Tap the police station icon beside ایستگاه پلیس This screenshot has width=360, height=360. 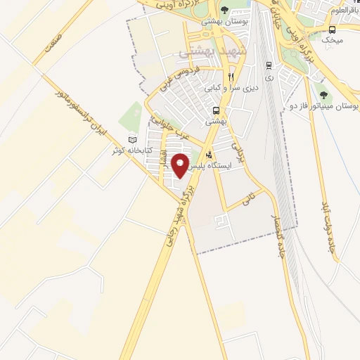208,154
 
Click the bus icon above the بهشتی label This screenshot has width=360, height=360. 217,110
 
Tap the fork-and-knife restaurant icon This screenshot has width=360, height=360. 230,77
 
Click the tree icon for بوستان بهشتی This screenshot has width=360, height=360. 224,10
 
